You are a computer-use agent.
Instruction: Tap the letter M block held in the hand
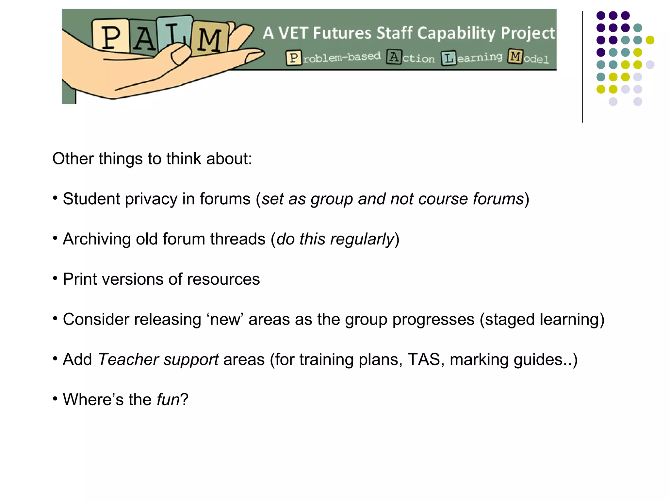(209, 39)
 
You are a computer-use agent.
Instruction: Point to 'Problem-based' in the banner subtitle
(334, 58)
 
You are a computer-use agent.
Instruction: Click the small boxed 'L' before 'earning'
(449, 58)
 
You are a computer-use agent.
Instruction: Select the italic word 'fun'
(168, 400)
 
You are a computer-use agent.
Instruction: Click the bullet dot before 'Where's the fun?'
(55, 398)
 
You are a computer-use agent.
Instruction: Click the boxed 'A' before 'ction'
(394, 57)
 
